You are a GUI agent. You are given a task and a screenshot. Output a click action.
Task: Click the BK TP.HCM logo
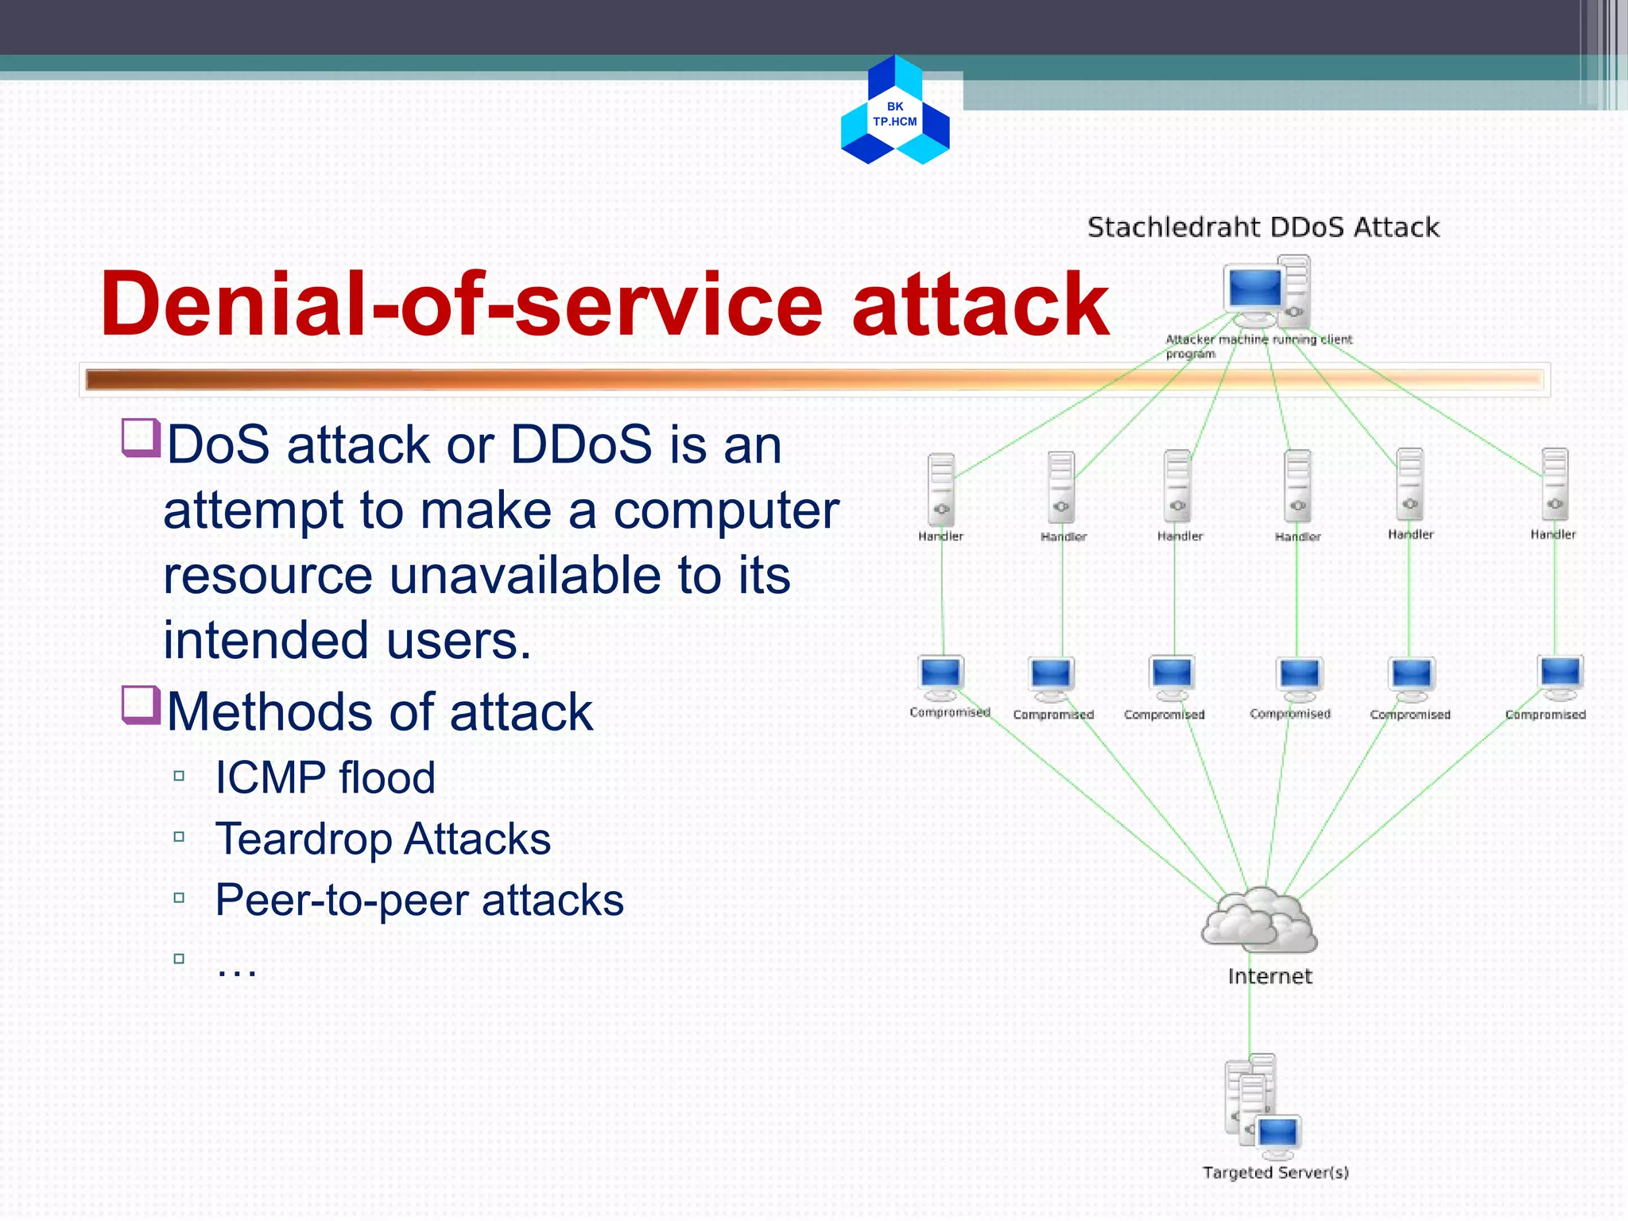pos(895,111)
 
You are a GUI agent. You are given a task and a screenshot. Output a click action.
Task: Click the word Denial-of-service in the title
pos(461,304)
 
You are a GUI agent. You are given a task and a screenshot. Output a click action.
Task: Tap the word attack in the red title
pos(979,304)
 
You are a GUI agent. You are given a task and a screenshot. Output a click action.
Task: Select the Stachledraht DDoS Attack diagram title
pos(1262,227)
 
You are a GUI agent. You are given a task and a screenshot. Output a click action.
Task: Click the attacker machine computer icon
pos(1266,292)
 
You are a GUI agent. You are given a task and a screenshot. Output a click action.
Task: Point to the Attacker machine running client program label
pos(1258,346)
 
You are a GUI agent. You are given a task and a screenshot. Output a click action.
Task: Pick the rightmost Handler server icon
pos(1554,483)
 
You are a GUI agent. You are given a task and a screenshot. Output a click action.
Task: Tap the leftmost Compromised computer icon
pos(941,676)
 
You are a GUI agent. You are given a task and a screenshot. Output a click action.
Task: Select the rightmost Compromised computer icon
pos(1560,676)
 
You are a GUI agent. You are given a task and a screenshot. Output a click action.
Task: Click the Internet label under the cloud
pos(1269,976)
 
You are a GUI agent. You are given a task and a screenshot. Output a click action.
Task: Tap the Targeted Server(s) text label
pos(1275,1173)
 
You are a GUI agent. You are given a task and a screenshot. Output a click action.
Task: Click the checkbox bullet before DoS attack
pos(141,438)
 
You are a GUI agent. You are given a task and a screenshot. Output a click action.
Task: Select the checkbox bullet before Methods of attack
pos(141,705)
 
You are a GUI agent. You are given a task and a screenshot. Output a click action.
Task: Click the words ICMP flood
pos(325,777)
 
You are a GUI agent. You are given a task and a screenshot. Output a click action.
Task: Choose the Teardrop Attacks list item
pos(382,839)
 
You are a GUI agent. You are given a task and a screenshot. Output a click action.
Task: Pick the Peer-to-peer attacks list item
pos(419,900)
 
